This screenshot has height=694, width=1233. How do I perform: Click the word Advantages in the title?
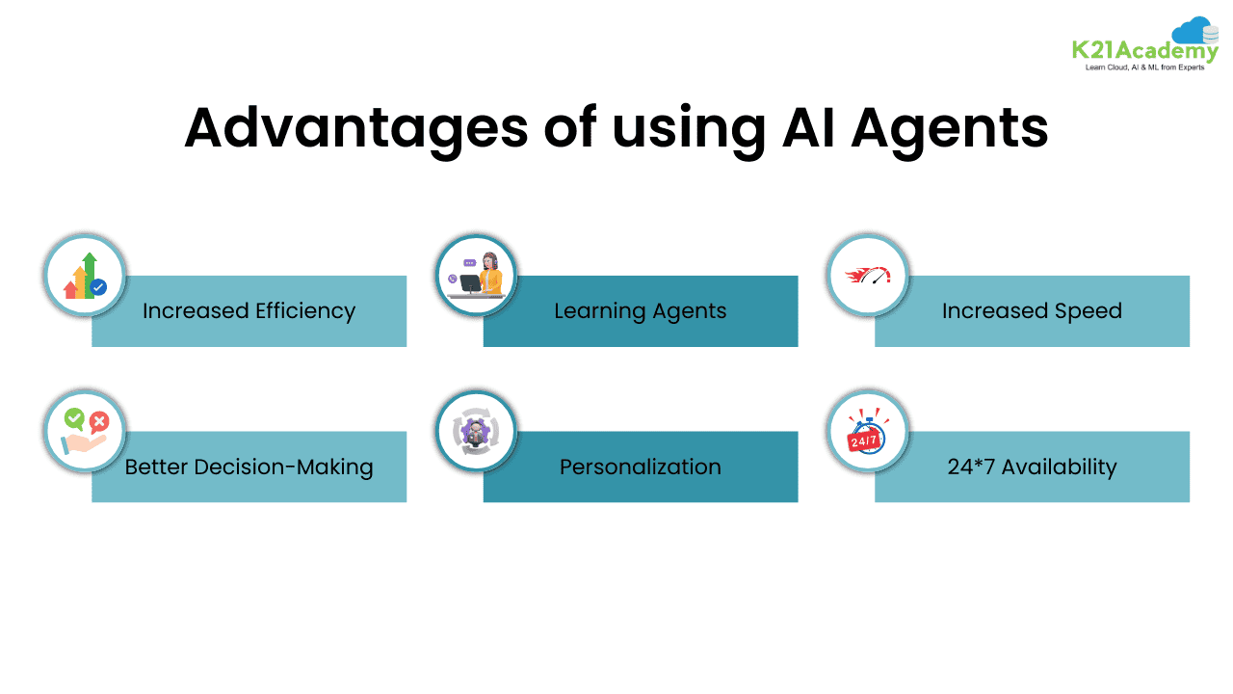click(355, 127)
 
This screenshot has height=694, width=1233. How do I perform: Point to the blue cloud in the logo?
click(1194, 30)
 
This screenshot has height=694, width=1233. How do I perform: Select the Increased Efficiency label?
click(249, 311)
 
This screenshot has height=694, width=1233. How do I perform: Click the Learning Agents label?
click(641, 311)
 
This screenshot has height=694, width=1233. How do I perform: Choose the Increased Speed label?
click(1032, 311)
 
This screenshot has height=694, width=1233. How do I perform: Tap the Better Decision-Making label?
click(249, 467)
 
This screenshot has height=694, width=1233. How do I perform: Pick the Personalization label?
click(641, 467)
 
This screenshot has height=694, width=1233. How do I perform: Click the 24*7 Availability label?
click(1032, 467)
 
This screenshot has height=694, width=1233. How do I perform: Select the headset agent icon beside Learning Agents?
click(477, 276)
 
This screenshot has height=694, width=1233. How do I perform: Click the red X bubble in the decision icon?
click(98, 420)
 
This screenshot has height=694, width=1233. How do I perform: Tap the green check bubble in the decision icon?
click(74, 417)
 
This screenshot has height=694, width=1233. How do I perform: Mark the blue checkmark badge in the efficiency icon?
click(97, 286)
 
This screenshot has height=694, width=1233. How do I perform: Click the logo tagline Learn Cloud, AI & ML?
click(1144, 67)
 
